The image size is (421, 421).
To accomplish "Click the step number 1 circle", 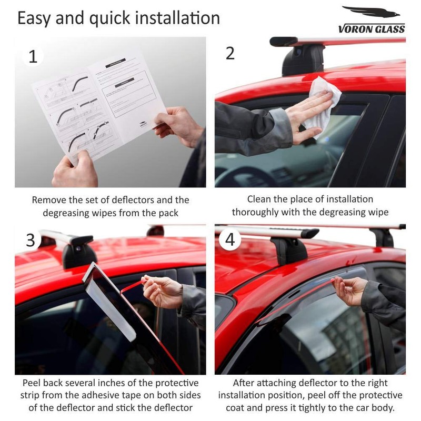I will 33,56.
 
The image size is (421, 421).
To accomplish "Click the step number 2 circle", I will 230,53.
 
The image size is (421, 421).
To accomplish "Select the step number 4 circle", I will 230,239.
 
